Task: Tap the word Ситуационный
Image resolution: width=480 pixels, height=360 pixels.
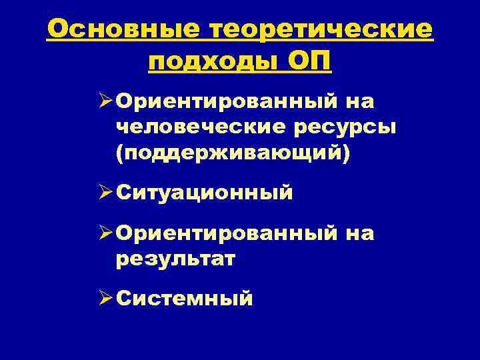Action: (x=204, y=193)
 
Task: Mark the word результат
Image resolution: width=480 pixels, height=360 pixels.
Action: (x=175, y=258)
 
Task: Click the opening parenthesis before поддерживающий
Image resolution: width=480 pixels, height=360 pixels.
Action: (x=119, y=151)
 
